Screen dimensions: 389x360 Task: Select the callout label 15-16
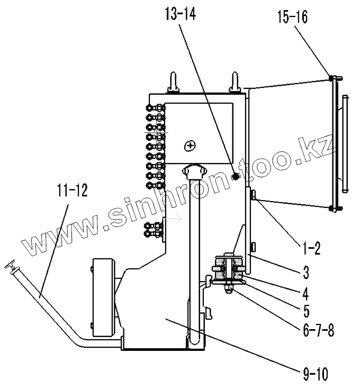tap(291, 17)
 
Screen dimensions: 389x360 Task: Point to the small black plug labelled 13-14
tap(236, 175)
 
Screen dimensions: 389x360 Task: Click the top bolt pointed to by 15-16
tap(332, 78)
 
